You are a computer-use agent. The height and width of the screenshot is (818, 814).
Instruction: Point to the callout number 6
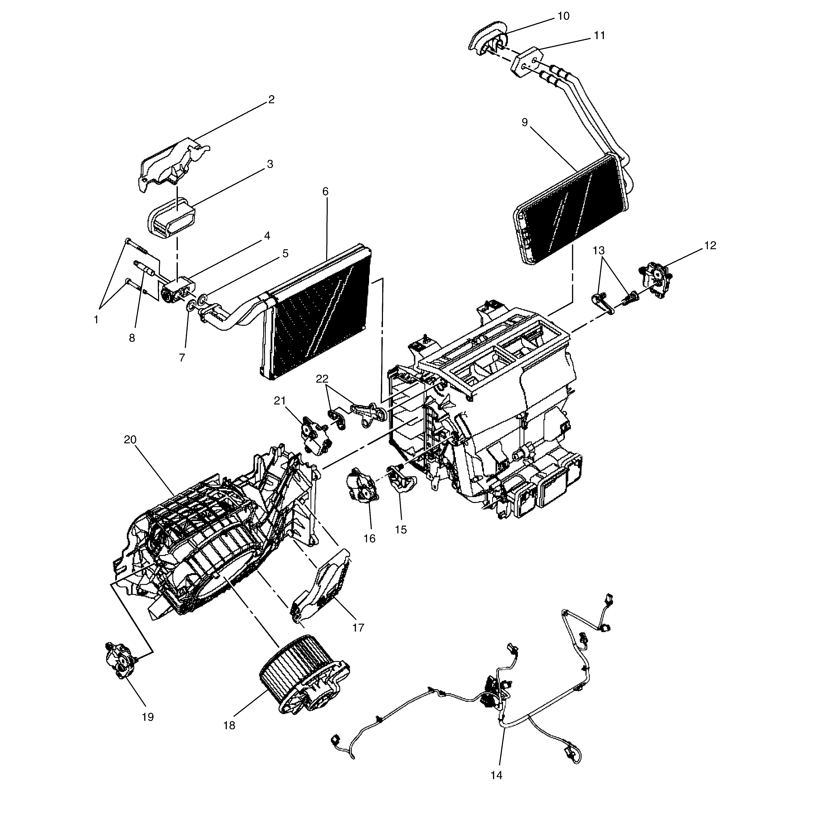tap(325, 191)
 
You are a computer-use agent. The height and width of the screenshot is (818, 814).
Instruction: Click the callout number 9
tap(525, 122)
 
